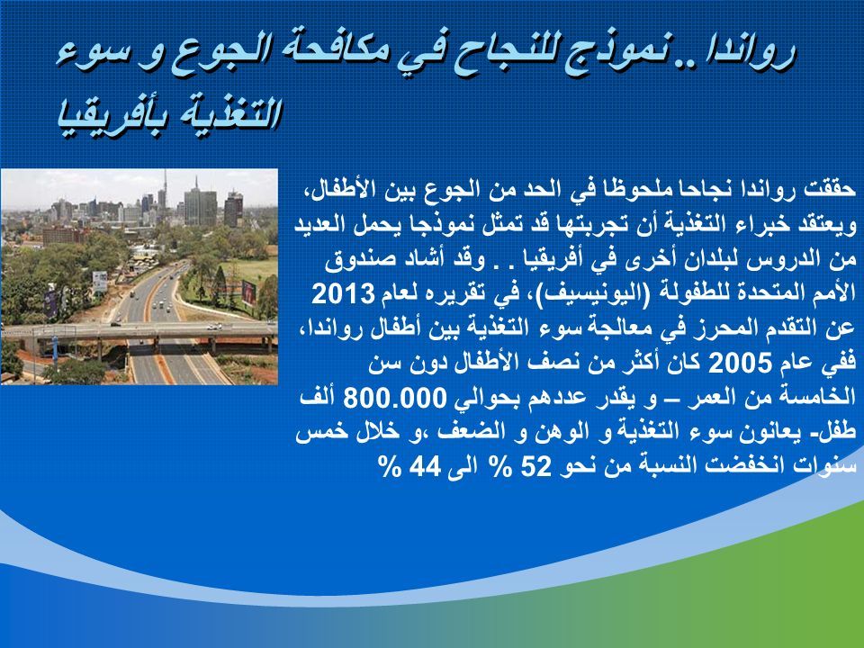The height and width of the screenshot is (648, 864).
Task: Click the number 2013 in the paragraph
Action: coord(343,294)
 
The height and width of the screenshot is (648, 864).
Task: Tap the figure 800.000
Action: coord(394,398)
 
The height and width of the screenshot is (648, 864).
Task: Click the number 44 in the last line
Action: coord(425,467)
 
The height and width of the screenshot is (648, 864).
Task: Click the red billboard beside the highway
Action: coord(248,292)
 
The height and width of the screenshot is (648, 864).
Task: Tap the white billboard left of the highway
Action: coord(100,281)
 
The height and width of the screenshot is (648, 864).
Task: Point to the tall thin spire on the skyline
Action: coord(164,187)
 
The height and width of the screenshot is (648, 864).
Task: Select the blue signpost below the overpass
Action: coord(55,352)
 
